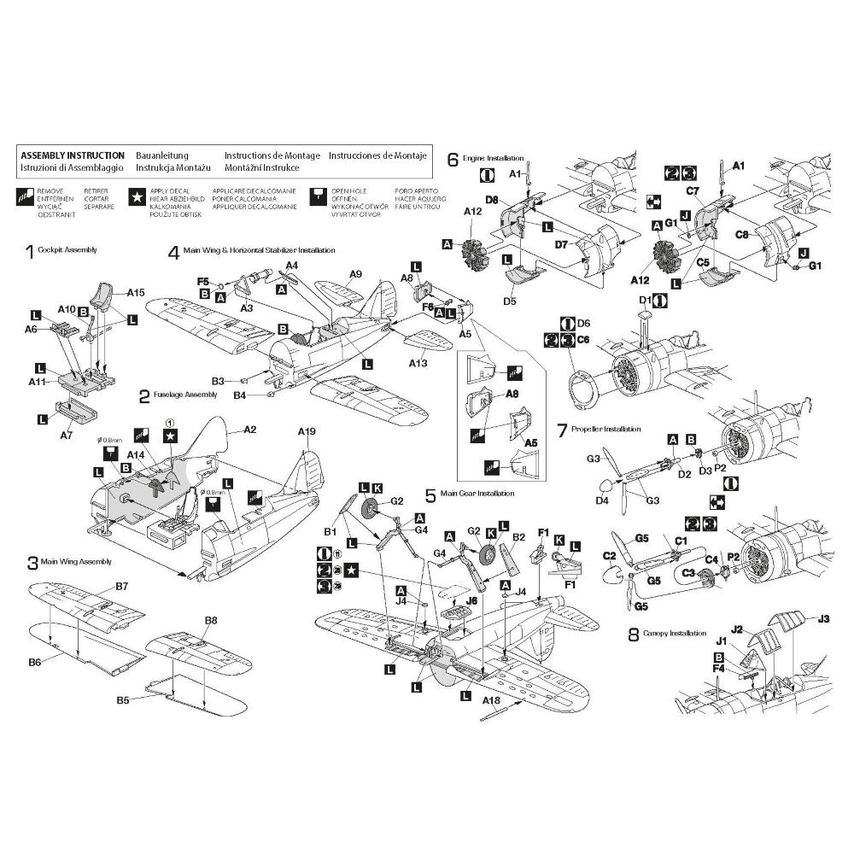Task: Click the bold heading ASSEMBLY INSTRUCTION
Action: [x=72, y=156]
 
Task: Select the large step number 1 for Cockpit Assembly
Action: [x=30, y=251]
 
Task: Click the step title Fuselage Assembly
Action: [x=185, y=395]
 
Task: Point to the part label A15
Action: [x=136, y=292]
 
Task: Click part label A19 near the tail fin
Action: [x=307, y=432]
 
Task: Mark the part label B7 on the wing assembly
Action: [x=121, y=587]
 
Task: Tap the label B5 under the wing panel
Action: [x=124, y=700]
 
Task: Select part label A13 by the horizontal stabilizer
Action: [x=418, y=364]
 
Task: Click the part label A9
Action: [x=356, y=274]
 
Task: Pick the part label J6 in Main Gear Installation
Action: [x=471, y=600]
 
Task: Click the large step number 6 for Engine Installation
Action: [x=453, y=159]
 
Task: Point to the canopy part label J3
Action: [x=824, y=618]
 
